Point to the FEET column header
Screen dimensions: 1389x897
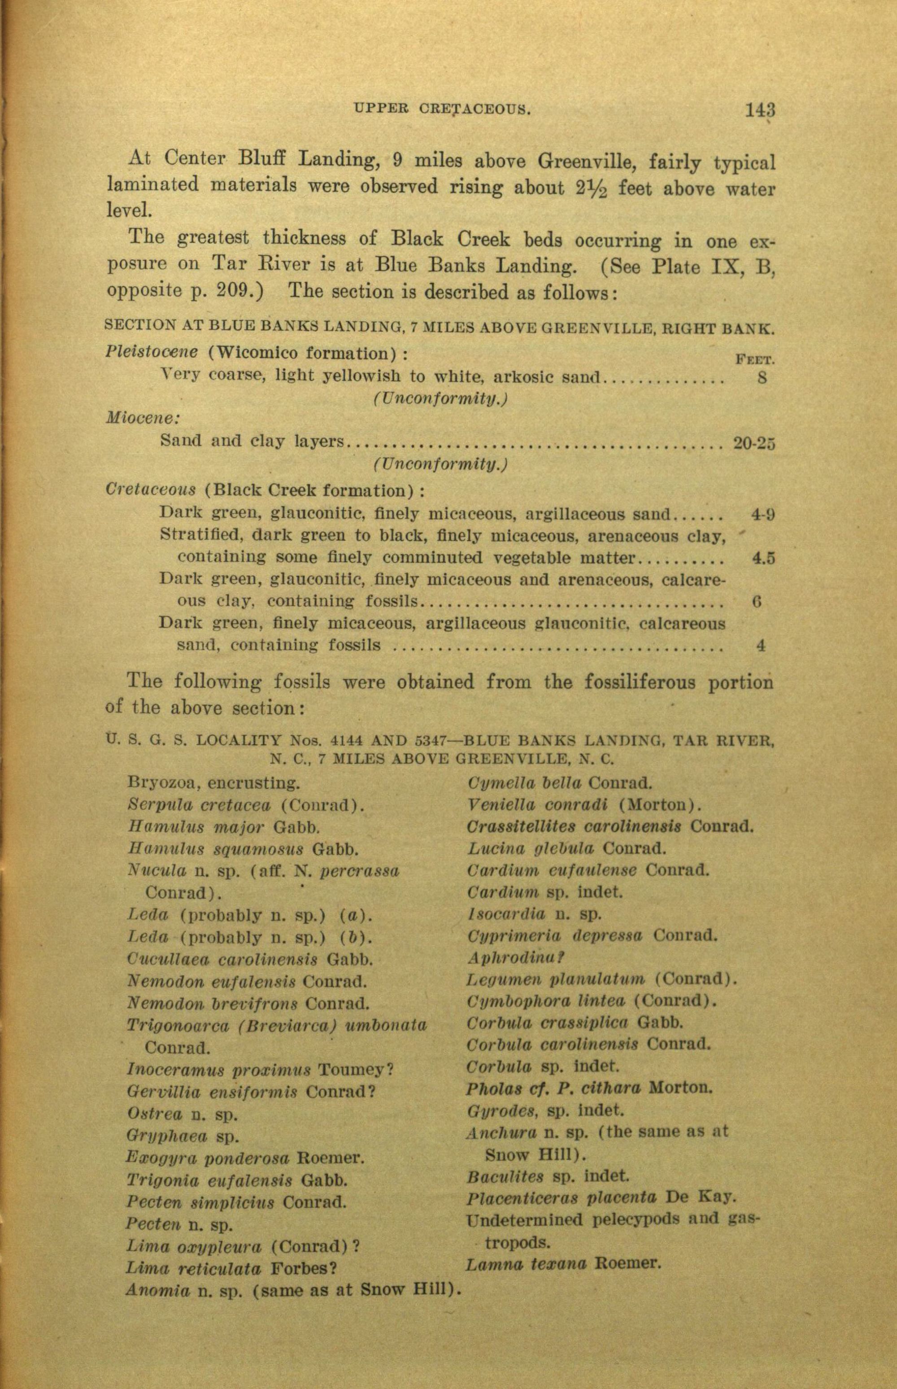pyautogui.click(x=755, y=360)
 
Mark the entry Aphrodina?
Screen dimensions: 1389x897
pyautogui.click(x=517, y=958)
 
